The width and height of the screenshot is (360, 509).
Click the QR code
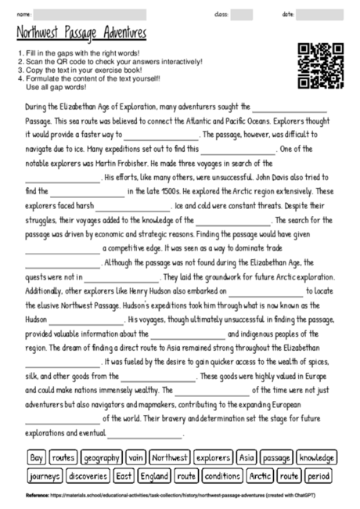point(320,65)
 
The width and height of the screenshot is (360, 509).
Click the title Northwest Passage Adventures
point(80,33)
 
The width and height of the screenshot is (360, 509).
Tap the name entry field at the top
point(91,14)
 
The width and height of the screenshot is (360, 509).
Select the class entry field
point(241,14)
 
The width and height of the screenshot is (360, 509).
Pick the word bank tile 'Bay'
point(36,457)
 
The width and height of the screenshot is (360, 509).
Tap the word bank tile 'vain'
point(135,457)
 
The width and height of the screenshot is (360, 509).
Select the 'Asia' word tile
point(247,457)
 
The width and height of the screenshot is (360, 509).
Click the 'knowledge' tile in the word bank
point(316,457)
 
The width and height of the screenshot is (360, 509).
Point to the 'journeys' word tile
point(45,475)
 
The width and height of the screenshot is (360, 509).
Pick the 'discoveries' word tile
point(88,475)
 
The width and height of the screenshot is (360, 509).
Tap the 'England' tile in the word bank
point(154,475)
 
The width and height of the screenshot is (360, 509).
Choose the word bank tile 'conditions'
point(222,475)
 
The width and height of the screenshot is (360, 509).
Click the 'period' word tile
point(318,475)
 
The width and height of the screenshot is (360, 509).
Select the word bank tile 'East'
point(124,475)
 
